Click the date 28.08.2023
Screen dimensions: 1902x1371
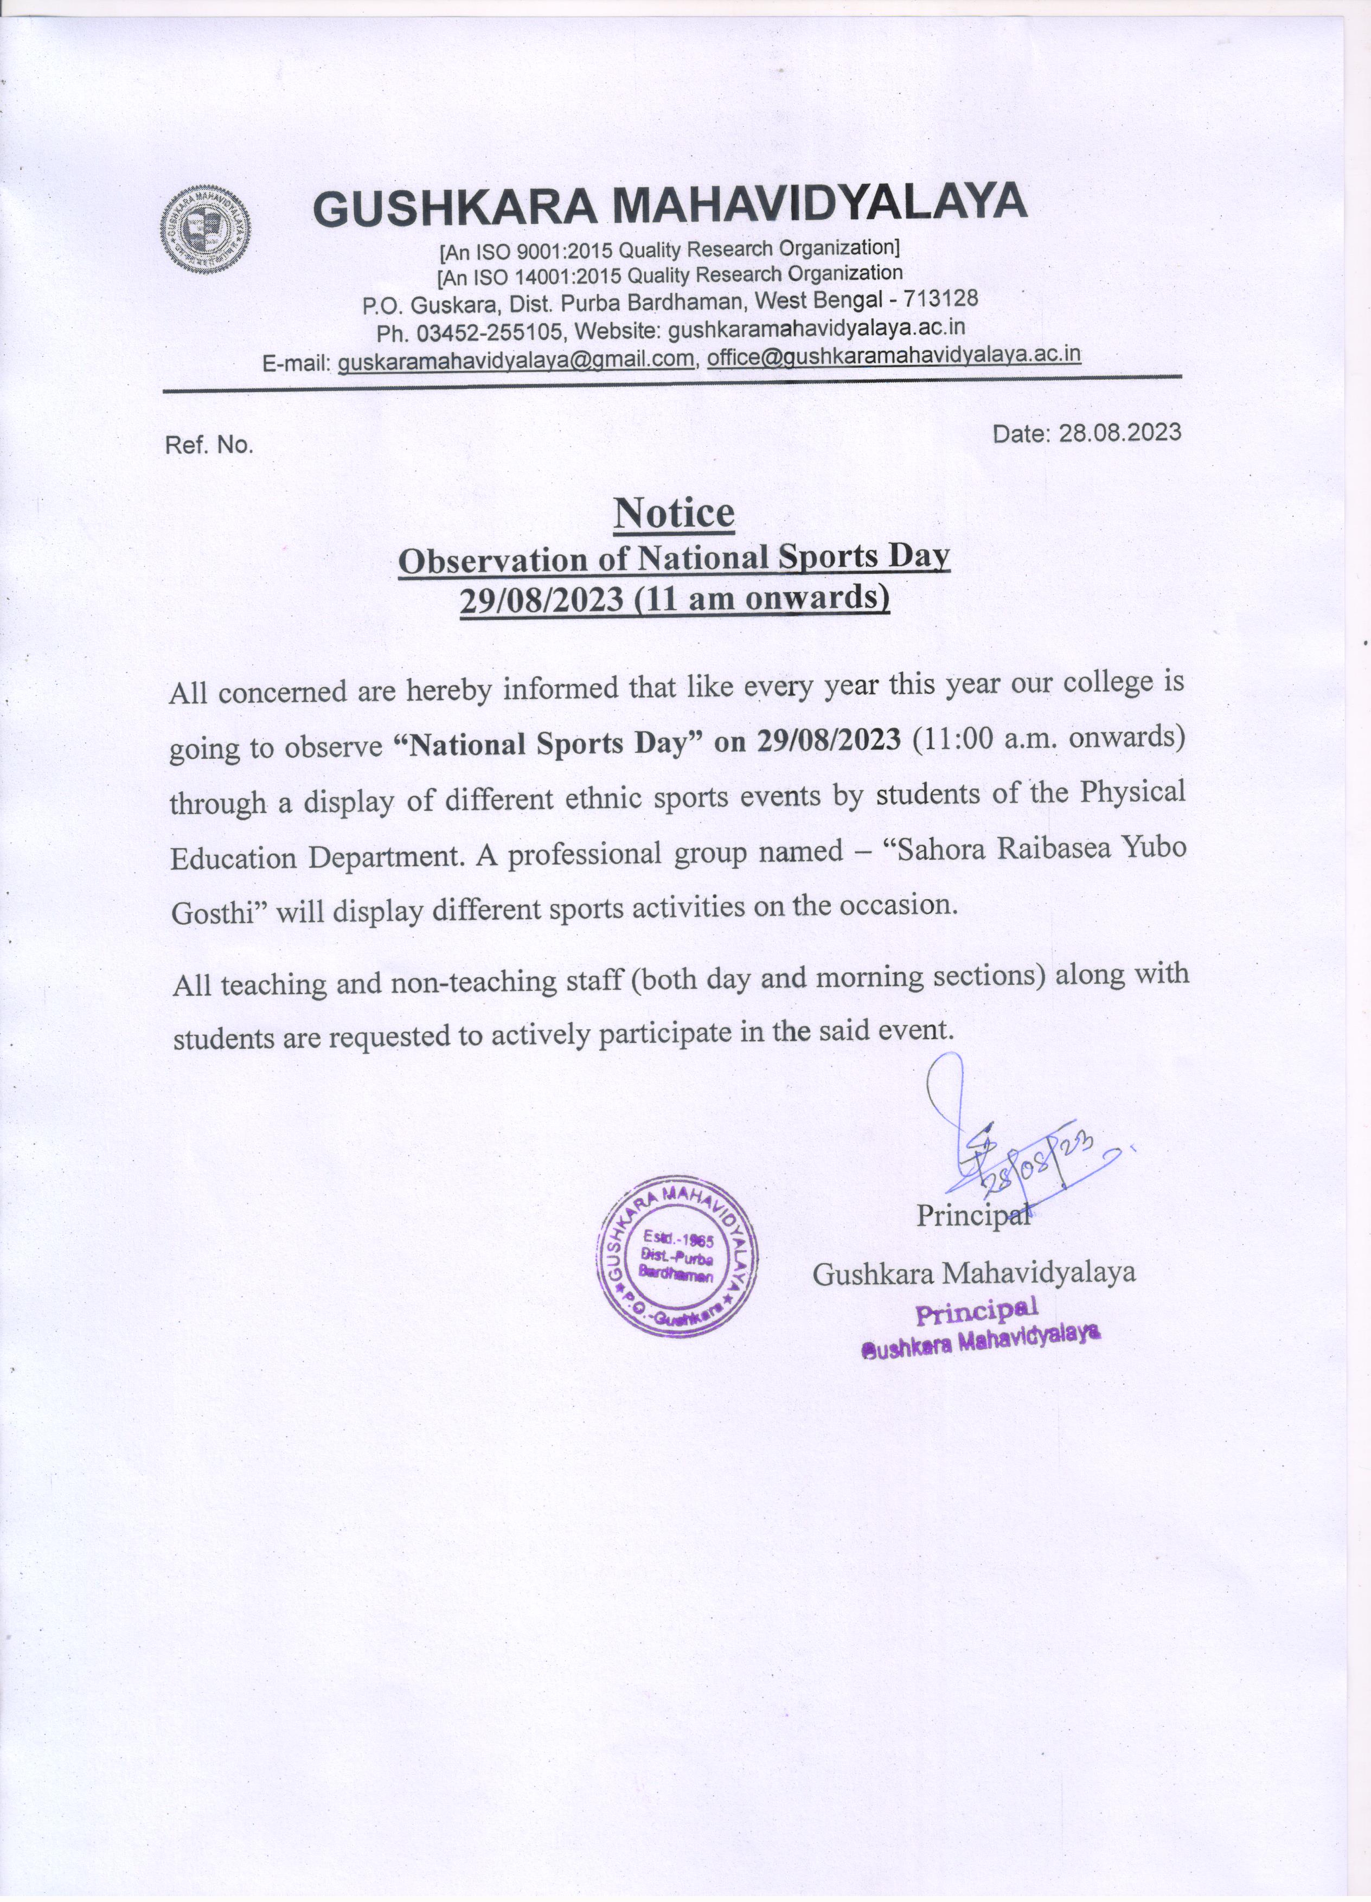pyautogui.click(x=1119, y=433)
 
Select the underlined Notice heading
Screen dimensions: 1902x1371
pyautogui.click(x=674, y=513)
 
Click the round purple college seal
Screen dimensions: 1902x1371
pyautogui.click(x=676, y=1258)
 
